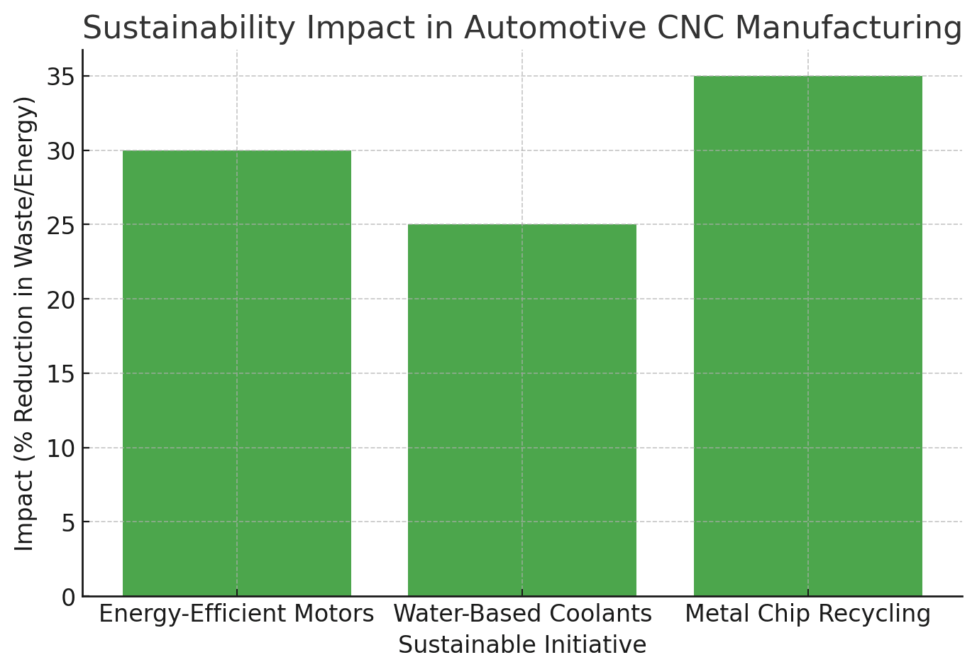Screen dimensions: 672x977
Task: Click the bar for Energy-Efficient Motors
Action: pos(237,373)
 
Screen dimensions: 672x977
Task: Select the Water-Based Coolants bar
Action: pos(522,410)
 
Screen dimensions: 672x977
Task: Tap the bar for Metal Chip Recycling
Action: pos(807,336)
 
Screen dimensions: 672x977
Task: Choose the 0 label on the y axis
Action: pos(67,597)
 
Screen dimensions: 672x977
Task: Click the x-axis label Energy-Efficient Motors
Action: pos(236,614)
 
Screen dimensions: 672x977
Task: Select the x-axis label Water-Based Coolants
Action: pos(522,614)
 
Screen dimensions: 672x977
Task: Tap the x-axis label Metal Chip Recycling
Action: pos(807,614)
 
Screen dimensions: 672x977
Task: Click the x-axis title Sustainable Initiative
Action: pos(522,645)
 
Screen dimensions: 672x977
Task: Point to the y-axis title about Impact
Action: pos(26,324)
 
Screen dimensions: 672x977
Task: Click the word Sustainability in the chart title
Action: pos(189,28)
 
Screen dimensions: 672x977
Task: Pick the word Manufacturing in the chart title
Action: pos(848,28)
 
